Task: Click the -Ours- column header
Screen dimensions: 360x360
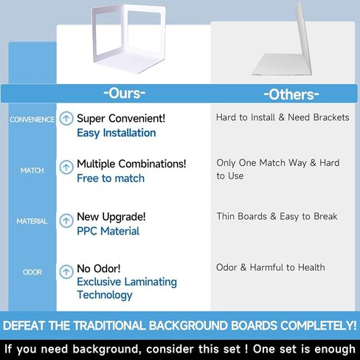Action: [x=124, y=93]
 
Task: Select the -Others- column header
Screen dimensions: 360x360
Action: [x=291, y=94]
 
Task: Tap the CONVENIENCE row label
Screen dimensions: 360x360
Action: [x=32, y=120]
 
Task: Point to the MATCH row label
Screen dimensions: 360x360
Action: [x=32, y=170]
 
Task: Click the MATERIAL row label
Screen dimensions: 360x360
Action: [x=32, y=221]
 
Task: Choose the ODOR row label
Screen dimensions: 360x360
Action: [x=32, y=272]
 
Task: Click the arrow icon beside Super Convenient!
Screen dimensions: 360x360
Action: [x=66, y=118]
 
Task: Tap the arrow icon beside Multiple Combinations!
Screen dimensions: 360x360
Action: [x=66, y=167]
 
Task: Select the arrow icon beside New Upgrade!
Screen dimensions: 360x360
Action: [x=66, y=221]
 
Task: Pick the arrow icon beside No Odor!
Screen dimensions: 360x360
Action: [x=66, y=271]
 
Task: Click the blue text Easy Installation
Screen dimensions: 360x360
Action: [x=117, y=133]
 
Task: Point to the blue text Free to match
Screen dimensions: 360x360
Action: [x=111, y=179]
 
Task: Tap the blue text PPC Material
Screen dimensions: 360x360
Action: [x=108, y=231]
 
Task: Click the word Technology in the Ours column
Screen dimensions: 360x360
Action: [x=105, y=295]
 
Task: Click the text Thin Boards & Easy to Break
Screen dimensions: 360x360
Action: [x=277, y=216]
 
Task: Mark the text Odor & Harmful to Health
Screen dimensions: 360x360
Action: [x=271, y=267]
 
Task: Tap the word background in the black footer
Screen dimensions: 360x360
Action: [x=107, y=350]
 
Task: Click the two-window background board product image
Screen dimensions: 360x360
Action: [x=128, y=39]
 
